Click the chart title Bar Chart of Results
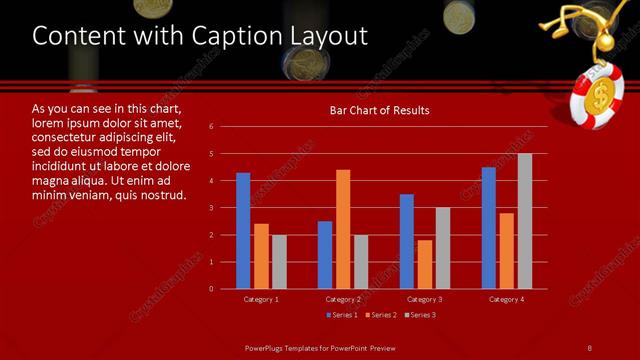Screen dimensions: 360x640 tap(379, 110)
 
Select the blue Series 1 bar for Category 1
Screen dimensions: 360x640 tap(243, 231)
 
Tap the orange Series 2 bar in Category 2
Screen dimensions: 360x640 tap(343, 229)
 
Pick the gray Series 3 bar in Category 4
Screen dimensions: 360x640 tap(525, 221)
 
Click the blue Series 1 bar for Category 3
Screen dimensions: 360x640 tap(407, 241)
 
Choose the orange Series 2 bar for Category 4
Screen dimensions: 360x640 tap(507, 250)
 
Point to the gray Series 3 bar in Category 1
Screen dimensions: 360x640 tap(279, 261)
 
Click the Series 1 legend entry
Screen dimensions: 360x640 tap(342, 315)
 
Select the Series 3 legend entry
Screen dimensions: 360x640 tap(419, 315)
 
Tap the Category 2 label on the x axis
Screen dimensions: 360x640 tap(343, 299)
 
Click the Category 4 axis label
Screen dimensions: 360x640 tap(507, 299)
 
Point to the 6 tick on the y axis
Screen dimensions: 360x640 tap(211, 127)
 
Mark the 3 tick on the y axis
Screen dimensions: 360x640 tap(211, 208)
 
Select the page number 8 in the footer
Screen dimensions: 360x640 tap(590, 347)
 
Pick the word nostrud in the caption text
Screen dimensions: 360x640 tap(162, 194)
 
